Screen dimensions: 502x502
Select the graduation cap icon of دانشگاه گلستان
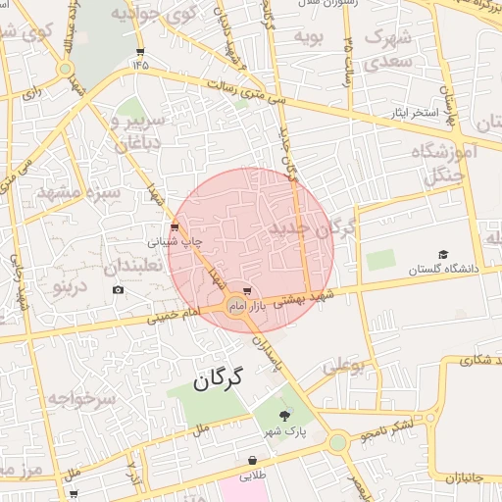pos(443,254)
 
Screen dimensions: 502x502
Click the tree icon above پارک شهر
pos(285,416)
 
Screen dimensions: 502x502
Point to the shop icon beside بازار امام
pos(247,291)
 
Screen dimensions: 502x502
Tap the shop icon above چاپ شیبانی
pos(175,227)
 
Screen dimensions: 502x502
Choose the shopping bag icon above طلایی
pos(253,460)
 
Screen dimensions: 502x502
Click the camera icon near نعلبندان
pos(119,289)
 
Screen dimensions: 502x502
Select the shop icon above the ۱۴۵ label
pos(140,52)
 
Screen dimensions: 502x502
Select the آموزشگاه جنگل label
pos(451,164)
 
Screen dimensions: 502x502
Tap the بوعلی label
pos(343,369)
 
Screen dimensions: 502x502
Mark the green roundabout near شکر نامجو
pos(338,442)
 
